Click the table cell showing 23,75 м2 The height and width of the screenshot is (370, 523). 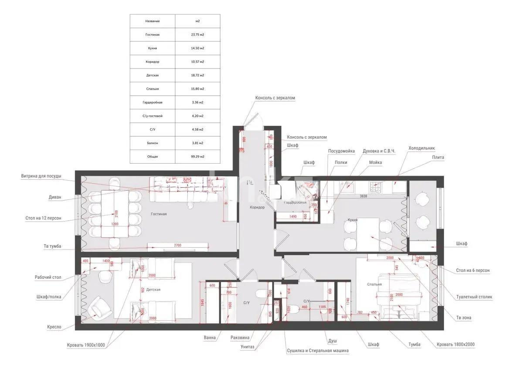(197, 34)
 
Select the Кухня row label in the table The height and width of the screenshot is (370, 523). (153, 48)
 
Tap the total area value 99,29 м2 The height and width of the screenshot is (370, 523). (197, 156)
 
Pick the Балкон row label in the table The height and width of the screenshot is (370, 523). (153, 143)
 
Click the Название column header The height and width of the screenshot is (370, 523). (153, 21)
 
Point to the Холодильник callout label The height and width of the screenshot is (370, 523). (421, 148)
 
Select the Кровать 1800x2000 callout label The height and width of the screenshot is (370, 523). (455, 344)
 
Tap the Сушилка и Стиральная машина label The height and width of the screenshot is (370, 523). (318, 350)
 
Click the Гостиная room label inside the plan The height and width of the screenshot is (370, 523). (159, 214)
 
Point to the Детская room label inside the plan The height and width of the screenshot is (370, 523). (153, 290)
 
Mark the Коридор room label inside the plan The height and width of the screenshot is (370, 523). (257, 207)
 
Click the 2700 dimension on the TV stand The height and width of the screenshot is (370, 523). (177, 246)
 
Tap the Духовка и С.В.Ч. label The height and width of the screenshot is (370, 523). (376, 151)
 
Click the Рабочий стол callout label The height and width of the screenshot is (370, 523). (48, 277)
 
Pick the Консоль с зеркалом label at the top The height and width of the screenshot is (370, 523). (275, 98)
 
